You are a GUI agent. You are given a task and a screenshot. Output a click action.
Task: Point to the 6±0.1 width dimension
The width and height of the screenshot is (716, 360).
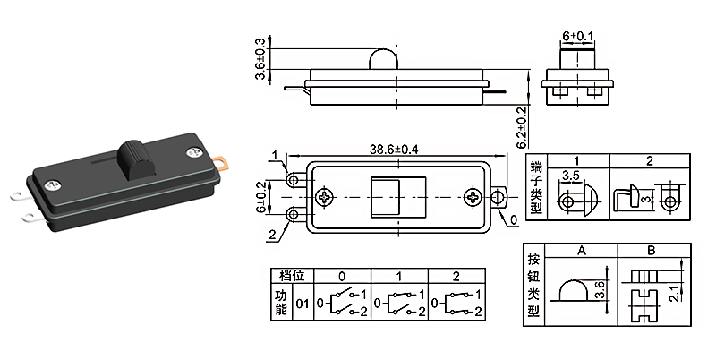coord(578,36)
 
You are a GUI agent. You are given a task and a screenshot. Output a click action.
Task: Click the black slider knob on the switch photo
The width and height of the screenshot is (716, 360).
coord(136,159)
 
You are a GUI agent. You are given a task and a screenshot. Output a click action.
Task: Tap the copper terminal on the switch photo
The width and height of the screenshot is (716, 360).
coord(226,164)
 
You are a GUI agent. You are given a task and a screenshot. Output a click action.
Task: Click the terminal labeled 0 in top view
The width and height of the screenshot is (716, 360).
coord(498,197)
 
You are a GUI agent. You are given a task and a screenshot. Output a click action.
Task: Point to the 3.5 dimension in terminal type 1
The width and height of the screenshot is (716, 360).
coord(570,176)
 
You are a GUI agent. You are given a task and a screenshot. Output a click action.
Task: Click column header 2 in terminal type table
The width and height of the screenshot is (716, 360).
coord(651,161)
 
